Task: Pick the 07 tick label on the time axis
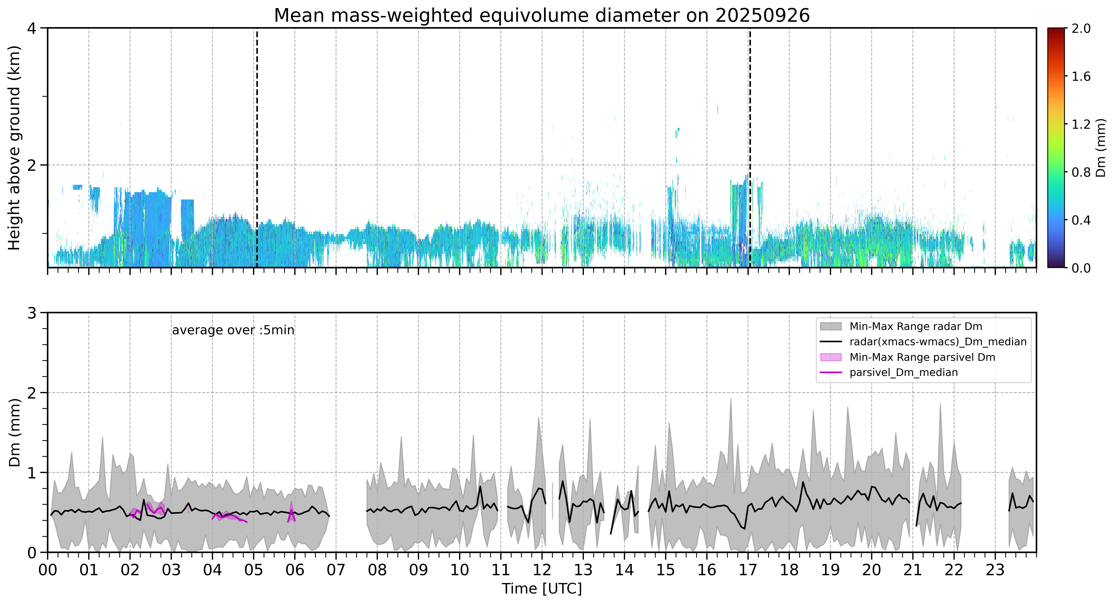click(336, 570)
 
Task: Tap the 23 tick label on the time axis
click(995, 570)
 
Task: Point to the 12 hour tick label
click(542, 570)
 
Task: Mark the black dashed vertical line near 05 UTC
click(257, 148)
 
